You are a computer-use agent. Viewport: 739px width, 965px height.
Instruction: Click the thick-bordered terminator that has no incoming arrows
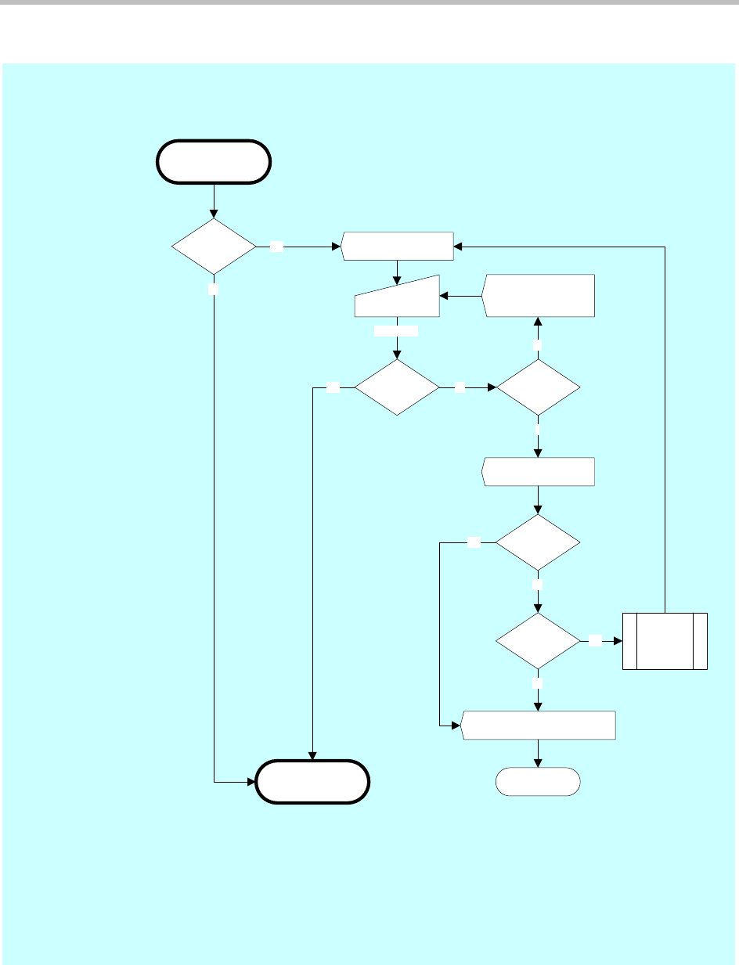[214, 162]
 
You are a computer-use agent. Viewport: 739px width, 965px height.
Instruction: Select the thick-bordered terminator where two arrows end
[312, 781]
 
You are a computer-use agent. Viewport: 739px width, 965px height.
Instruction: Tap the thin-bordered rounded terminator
[539, 781]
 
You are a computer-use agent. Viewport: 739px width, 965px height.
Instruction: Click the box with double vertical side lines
[665, 641]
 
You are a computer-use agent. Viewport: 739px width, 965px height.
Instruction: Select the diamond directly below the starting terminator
[214, 247]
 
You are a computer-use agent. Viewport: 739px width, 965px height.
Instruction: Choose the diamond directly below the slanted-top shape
[397, 387]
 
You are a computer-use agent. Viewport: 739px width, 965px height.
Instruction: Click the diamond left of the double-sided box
[539, 641]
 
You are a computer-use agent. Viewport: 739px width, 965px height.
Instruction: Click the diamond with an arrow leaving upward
[539, 387]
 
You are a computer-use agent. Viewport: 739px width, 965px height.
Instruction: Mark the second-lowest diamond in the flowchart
[539, 542]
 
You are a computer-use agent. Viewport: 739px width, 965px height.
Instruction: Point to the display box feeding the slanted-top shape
[539, 296]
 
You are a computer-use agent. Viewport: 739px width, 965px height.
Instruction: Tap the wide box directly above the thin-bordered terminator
[539, 726]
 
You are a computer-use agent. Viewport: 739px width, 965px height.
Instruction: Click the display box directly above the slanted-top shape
[398, 246]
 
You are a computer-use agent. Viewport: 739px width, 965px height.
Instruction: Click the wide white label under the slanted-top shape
[396, 331]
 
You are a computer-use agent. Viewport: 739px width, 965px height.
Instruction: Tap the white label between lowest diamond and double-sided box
[597, 641]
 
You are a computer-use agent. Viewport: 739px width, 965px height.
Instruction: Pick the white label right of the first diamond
[277, 247]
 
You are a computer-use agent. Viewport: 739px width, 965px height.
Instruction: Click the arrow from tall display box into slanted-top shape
[460, 297]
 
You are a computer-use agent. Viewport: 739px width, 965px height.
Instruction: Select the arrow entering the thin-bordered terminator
[539, 754]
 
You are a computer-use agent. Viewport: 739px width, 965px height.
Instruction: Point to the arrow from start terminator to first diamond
[214, 200]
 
